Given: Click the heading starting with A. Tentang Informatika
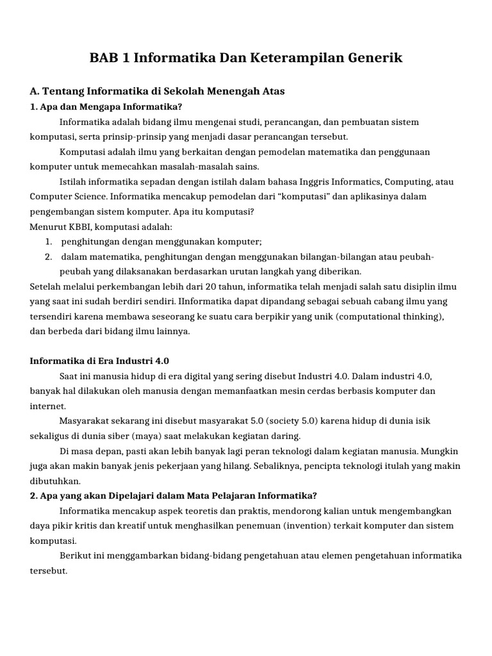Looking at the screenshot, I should [x=158, y=92].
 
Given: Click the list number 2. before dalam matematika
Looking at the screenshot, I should [x=49, y=256].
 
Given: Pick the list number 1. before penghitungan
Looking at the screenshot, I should [x=49, y=241].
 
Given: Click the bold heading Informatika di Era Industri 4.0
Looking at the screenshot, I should [x=99, y=361].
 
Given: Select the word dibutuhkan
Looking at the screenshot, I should [x=55, y=480].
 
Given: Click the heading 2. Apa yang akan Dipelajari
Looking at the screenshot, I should [x=174, y=495].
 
